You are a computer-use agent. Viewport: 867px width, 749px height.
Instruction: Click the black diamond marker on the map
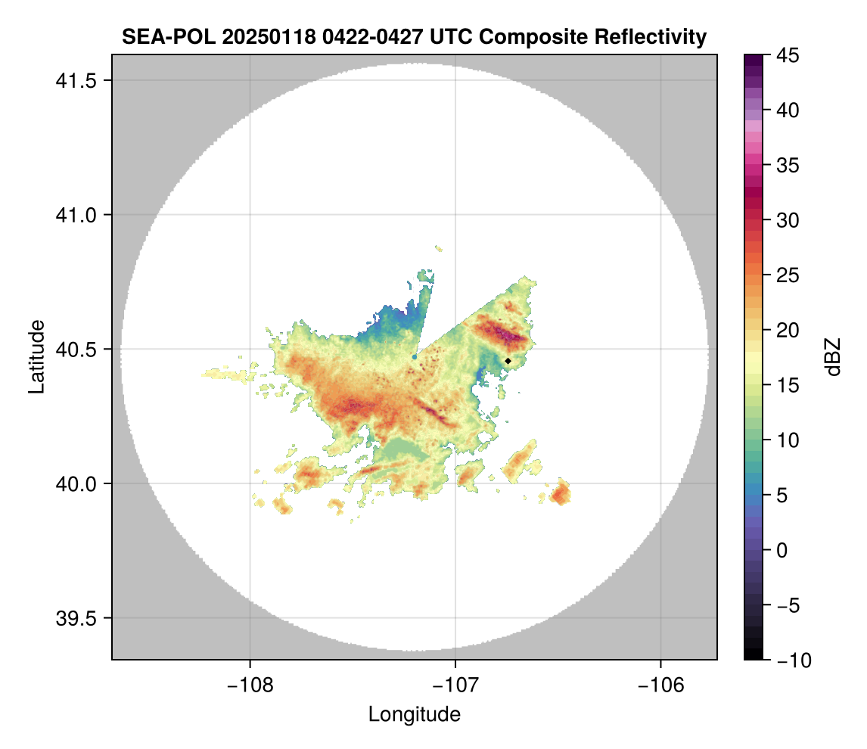point(508,361)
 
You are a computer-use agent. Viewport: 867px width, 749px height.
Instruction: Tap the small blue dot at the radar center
point(415,356)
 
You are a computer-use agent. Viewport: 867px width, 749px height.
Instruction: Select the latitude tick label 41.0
point(73,215)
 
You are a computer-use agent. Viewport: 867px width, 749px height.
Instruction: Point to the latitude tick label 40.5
point(73,350)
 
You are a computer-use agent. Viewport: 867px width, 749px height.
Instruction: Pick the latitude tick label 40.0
point(73,483)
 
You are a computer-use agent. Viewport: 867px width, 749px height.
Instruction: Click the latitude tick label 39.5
point(73,618)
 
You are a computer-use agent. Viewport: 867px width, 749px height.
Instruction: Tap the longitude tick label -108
point(250,685)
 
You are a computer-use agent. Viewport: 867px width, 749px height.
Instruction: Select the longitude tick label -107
point(455,685)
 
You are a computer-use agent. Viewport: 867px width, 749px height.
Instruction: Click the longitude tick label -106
point(661,685)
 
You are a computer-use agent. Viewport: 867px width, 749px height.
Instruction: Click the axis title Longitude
point(414,713)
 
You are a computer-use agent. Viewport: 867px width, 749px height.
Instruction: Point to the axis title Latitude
point(36,356)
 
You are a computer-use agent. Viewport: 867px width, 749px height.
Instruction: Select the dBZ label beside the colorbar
point(832,357)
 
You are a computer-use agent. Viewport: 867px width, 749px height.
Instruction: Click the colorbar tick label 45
point(789,55)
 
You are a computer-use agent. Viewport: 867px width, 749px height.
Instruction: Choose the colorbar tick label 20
point(789,331)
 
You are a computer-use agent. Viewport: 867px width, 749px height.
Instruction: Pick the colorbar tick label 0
point(785,550)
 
